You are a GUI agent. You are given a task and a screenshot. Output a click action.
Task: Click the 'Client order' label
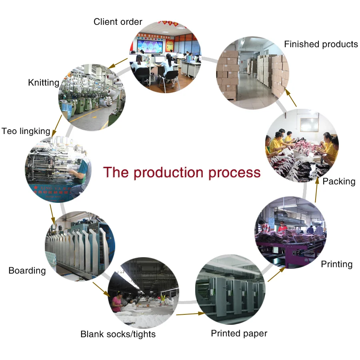coord(118,22)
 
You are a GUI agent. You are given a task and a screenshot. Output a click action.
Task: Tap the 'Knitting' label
coord(44,83)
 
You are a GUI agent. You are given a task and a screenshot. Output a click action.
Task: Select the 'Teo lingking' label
coord(26,131)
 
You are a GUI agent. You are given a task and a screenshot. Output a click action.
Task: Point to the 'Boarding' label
coord(27,271)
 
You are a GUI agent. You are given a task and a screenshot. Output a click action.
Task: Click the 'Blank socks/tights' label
coord(118,334)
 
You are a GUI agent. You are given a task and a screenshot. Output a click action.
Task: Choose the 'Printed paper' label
coord(239,333)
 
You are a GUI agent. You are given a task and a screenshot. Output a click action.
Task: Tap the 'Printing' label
coord(337,264)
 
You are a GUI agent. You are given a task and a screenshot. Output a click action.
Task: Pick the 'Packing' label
coord(339,182)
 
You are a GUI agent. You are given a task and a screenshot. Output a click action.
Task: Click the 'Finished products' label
coord(321,44)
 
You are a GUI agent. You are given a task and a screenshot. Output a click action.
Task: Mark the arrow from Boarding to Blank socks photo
coord(101,289)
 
